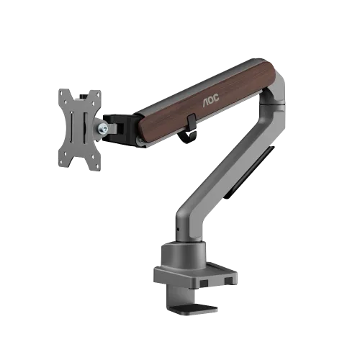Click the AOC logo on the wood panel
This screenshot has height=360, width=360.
pyautogui.click(x=211, y=100)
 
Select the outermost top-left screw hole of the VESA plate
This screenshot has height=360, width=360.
pyautogui.click(x=61, y=93)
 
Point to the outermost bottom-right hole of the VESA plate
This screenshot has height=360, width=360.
pyautogui.click(x=98, y=166)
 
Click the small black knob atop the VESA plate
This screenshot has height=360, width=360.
pyautogui.click(x=84, y=96)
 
